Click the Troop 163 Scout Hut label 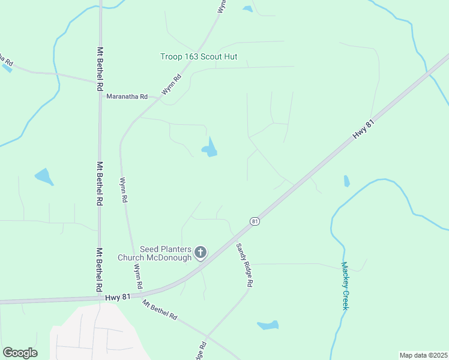click(199, 57)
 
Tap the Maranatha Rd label click(127, 97)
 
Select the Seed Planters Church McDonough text click(165, 253)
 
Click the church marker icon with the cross click(200, 253)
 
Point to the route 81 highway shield click(255, 221)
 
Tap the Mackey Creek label click(345, 286)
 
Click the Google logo click(20, 353)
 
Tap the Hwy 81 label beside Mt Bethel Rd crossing click(118, 296)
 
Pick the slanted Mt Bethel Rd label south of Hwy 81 click(160, 308)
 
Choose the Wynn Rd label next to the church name click(138, 277)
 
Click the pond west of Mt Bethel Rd click(44, 176)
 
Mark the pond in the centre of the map click(209, 148)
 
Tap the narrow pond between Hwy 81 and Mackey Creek click(346, 181)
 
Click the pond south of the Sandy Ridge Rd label click(268, 325)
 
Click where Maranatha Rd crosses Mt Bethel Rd click(100, 81)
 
